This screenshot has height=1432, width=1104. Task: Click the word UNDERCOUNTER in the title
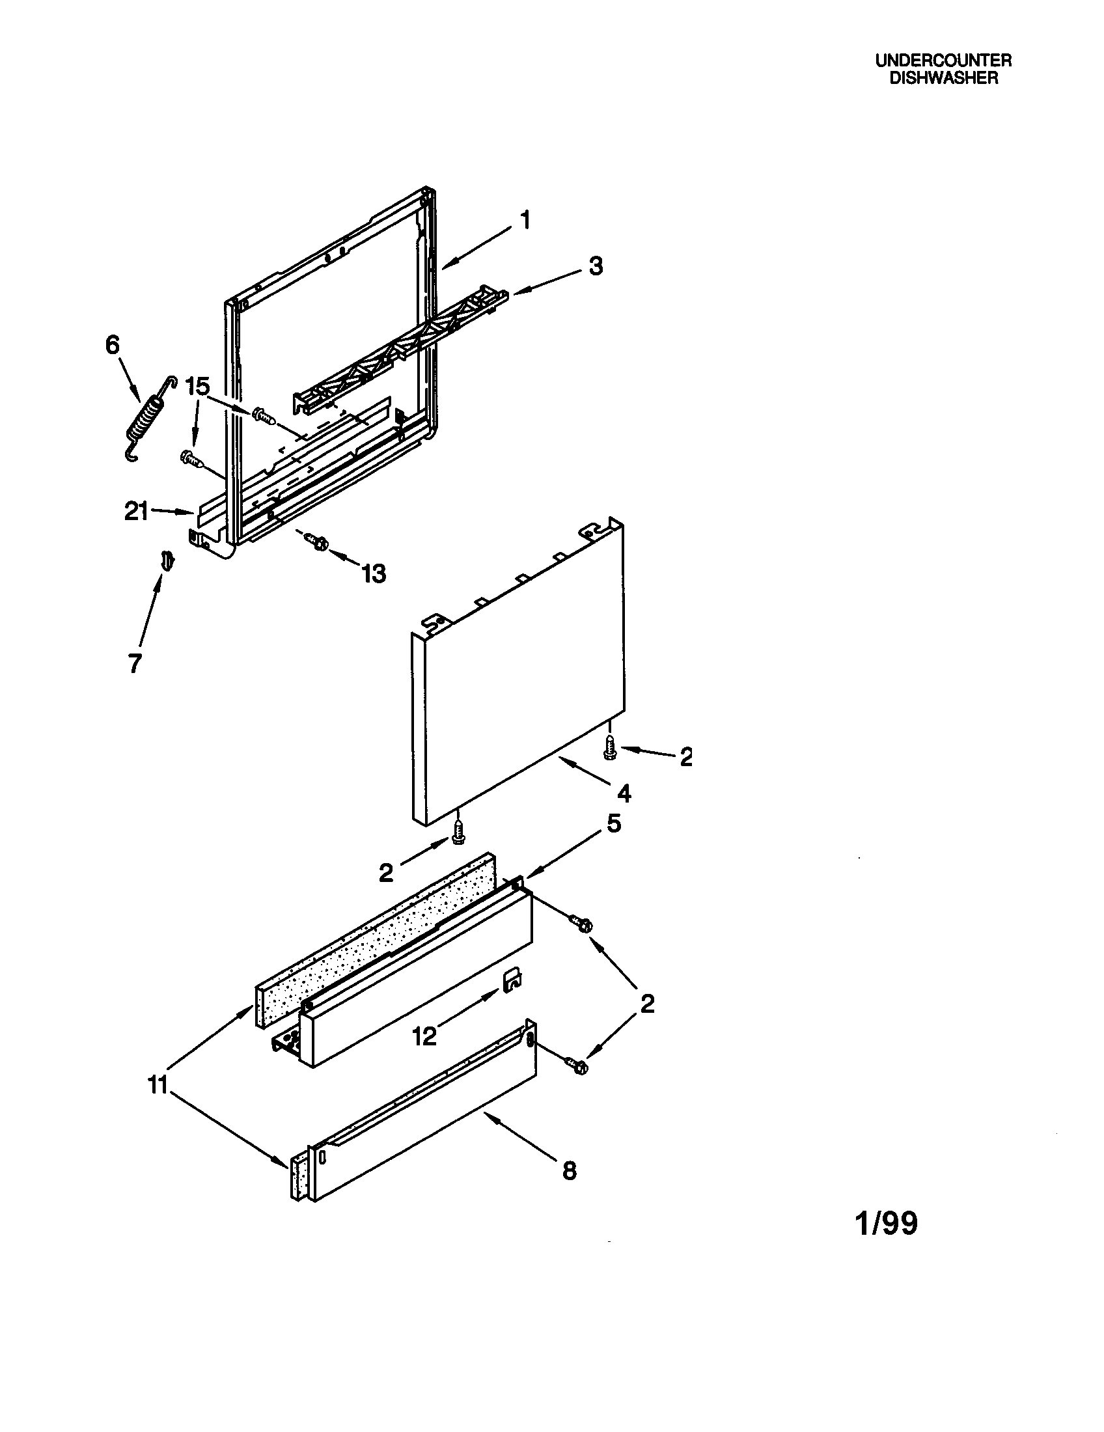click(x=943, y=61)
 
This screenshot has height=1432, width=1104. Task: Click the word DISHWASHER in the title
click(x=943, y=77)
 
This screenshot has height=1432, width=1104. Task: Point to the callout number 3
click(x=595, y=266)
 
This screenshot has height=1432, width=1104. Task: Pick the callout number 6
click(x=113, y=345)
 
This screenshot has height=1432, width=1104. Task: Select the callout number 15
click(x=197, y=387)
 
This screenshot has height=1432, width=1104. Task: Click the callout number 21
click(x=136, y=512)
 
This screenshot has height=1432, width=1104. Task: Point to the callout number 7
click(x=134, y=663)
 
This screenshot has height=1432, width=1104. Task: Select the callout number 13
click(x=374, y=574)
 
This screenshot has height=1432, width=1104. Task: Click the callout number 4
click(x=624, y=794)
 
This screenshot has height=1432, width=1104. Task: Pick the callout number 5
click(x=614, y=823)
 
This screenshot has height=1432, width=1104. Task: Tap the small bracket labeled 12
click(x=512, y=980)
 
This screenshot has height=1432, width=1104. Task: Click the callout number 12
click(x=424, y=1037)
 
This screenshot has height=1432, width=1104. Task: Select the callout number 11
click(x=158, y=1085)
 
